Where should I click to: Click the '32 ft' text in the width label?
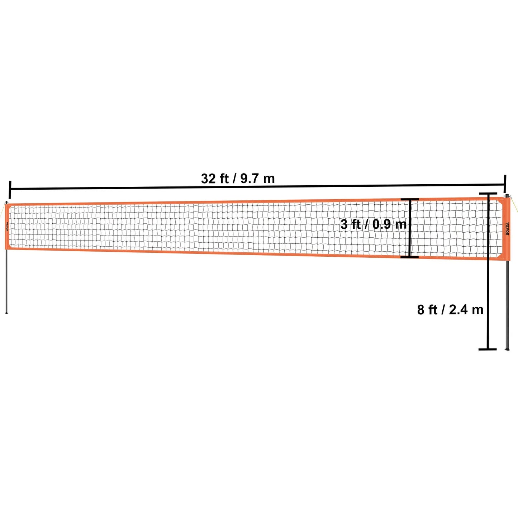[x=214, y=178]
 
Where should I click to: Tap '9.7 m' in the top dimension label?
[x=257, y=178]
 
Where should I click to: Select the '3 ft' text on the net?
[x=350, y=224]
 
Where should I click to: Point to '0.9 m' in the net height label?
[x=389, y=224]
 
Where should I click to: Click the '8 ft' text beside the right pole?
[x=427, y=309]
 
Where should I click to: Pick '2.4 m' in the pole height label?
[x=466, y=309]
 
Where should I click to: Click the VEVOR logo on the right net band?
[x=507, y=227]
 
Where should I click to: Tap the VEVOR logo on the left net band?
[x=6, y=227]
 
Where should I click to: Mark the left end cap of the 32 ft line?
[x=9, y=189]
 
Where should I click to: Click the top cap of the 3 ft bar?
[x=409, y=199]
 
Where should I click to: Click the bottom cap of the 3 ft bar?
[x=409, y=257]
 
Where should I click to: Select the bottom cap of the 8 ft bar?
[x=488, y=349]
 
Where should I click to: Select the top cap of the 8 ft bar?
[x=488, y=194]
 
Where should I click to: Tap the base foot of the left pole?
[x=6, y=313]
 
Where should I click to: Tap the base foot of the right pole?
[x=507, y=348]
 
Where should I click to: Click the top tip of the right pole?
[x=507, y=196]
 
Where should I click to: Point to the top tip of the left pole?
[x=6, y=201]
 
